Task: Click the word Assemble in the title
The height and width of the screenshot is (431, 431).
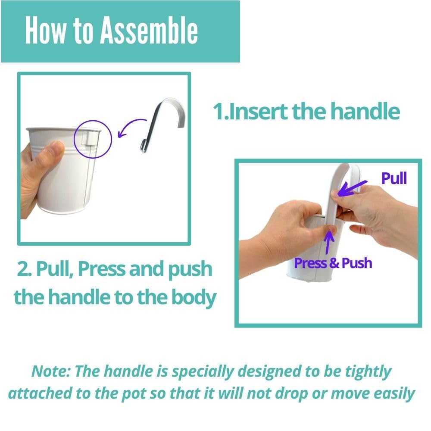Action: [x=149, y=30]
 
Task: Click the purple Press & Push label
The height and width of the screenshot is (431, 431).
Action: [x=333, y=263]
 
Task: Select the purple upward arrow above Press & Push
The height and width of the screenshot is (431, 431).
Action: [x=328, y=242]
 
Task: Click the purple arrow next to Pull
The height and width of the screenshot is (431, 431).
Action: [x=352, y=189]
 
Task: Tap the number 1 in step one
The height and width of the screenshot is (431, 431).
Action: [x=219, y=112]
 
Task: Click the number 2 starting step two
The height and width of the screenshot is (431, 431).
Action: [x=22, y=269]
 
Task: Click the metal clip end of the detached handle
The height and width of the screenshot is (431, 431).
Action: [x=144, y=146]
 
